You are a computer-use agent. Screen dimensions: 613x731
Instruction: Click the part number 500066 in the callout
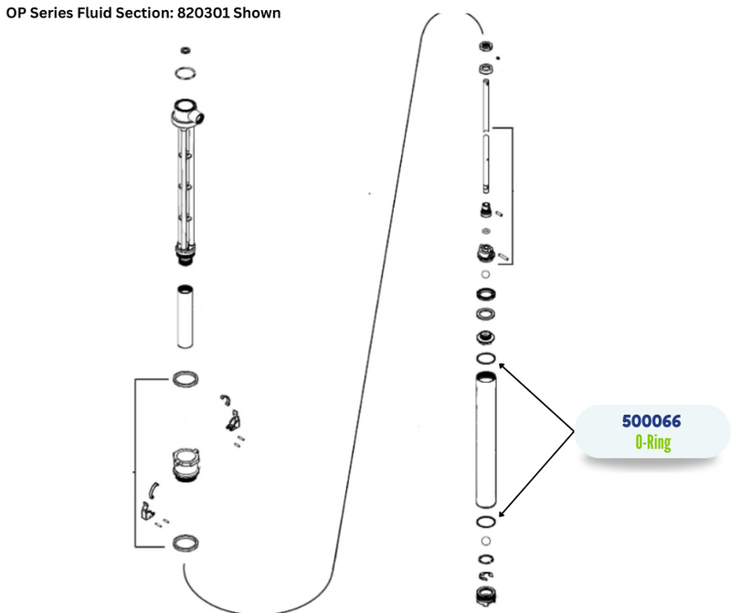(652, 422)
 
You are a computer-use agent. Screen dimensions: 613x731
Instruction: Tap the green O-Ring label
(652, 442)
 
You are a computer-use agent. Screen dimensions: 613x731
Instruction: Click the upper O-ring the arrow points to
(486, 358)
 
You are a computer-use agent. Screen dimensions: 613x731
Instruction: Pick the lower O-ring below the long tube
(486, 521)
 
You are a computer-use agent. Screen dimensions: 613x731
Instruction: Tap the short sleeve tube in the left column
(186, 315)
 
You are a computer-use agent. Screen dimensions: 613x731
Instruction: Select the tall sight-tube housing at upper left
(186, 183)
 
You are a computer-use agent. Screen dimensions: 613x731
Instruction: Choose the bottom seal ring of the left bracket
(186, 544)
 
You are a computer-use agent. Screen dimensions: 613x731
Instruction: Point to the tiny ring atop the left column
(186, 49)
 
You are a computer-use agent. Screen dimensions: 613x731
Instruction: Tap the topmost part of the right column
(486, 47)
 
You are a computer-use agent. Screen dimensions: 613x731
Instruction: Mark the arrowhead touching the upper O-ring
(503, 365)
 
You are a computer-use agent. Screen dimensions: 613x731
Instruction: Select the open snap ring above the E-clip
(486, 560)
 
